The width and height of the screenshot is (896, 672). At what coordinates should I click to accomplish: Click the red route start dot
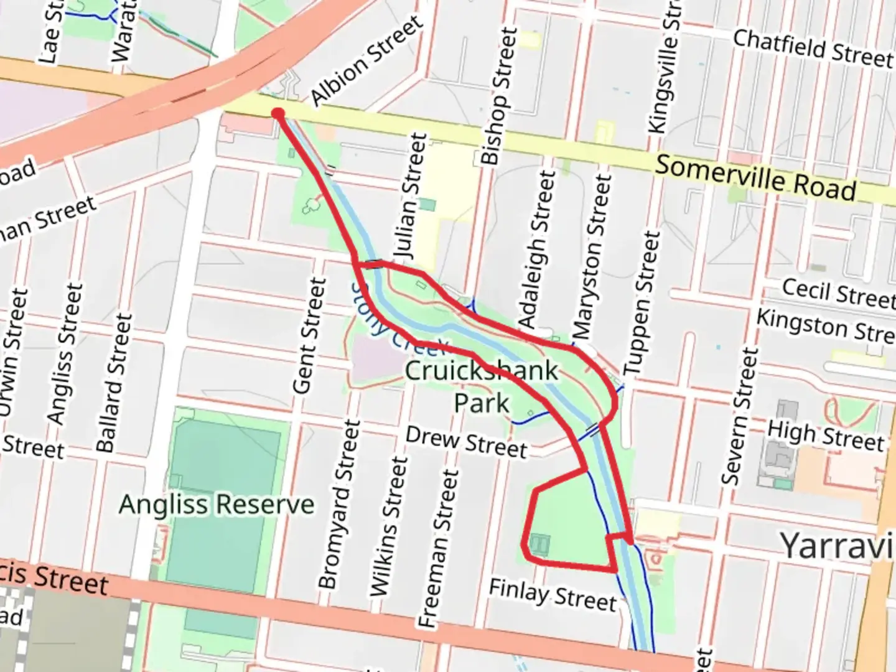pos(278,113)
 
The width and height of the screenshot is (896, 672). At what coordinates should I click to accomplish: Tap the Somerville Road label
pos(755,178)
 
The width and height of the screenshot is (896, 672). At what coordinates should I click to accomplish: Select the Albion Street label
pos(366,60)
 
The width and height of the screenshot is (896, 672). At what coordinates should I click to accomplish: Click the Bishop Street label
pos(499,96)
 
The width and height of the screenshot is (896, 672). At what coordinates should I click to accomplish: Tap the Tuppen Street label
pos(642,303)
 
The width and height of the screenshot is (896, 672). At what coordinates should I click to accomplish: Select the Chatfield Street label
pos(813,49)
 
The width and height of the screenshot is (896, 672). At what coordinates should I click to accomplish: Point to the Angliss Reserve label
pos(217,504)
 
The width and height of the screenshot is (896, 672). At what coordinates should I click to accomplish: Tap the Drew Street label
pos(466,442)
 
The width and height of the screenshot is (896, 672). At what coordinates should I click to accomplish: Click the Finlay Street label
pos(553,595)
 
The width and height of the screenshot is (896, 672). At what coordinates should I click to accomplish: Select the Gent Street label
pos(309,336)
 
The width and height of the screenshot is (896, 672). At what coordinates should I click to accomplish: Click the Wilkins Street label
pos(390,526)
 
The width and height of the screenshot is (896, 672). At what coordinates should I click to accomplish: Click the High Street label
pos(825,436)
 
